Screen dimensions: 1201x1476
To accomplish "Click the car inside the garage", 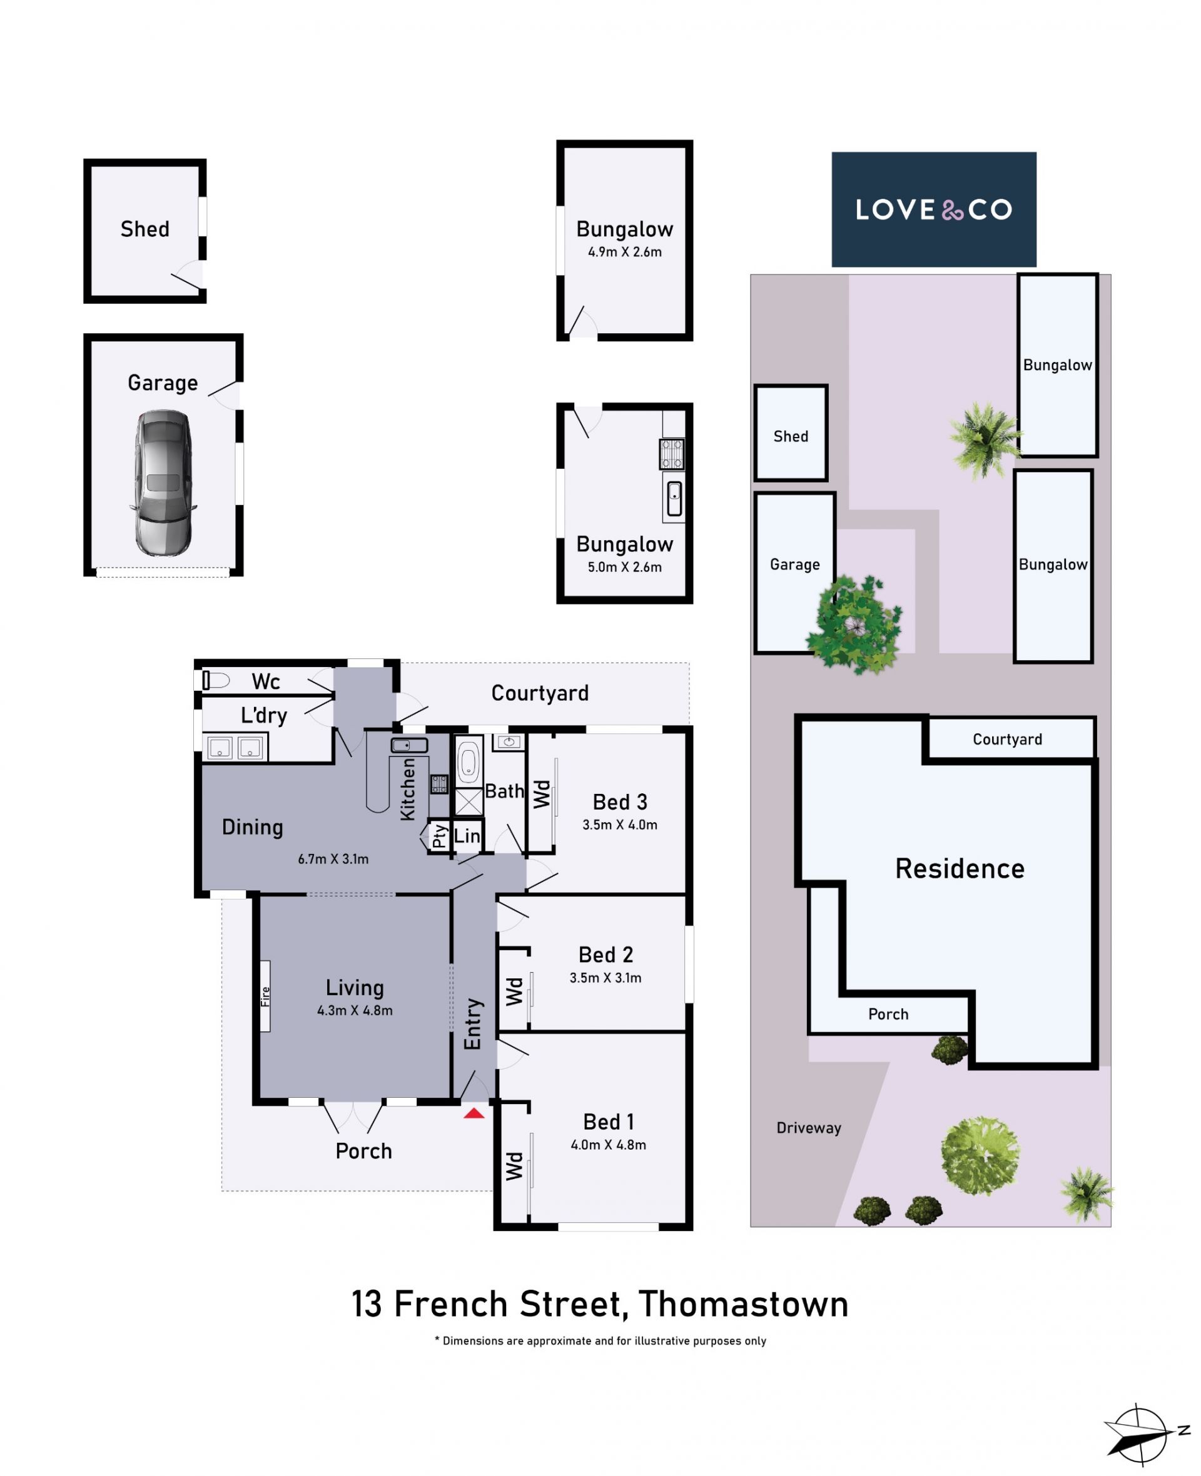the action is pos(163,483).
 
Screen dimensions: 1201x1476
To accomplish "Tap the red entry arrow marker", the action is pos(474,1113).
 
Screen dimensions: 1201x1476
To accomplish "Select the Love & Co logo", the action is pos(933,209).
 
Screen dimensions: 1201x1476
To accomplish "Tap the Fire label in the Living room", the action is pos(265,997).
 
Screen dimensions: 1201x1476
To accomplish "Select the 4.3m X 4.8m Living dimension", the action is pos(355,1010).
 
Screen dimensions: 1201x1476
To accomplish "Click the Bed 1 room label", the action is pos(608,1122).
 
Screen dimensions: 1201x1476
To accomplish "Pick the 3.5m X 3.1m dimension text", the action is pos(606,978).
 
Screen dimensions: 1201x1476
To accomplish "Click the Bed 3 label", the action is pos(620,802).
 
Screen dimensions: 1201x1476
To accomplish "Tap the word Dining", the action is pos(253,828).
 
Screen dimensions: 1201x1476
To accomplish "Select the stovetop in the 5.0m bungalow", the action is pos(672,454).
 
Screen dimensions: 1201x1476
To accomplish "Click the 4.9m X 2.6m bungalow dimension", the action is pos(625,252).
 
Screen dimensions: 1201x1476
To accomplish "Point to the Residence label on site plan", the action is pos(960,868).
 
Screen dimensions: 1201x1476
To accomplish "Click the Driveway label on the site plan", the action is pos(809,1128).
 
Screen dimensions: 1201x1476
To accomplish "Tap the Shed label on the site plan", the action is pos(791,436).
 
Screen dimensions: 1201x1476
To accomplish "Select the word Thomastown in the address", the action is pos(744,1305).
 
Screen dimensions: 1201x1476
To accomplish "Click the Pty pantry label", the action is pos(440,836).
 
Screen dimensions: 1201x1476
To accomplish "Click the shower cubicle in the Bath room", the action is pos(469,802).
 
